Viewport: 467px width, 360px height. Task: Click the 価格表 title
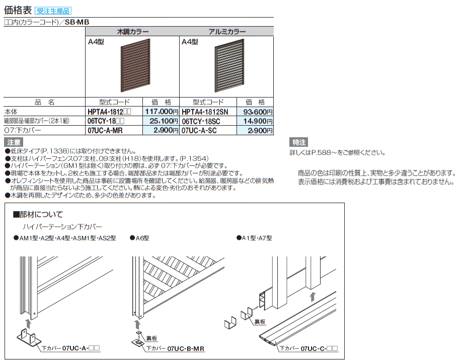18,9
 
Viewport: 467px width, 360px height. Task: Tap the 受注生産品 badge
55,10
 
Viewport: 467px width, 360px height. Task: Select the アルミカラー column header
227,31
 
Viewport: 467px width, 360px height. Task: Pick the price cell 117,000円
162,112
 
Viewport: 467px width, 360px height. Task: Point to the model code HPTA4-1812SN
205,112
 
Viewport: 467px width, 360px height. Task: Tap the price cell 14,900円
258,121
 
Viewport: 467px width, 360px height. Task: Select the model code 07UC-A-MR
105,130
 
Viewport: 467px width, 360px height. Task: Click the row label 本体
11,112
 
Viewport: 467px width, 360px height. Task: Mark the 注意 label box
15,142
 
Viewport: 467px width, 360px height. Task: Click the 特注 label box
298,142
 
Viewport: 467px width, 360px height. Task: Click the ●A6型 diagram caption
139,238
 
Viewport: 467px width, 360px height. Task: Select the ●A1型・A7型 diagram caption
254,238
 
